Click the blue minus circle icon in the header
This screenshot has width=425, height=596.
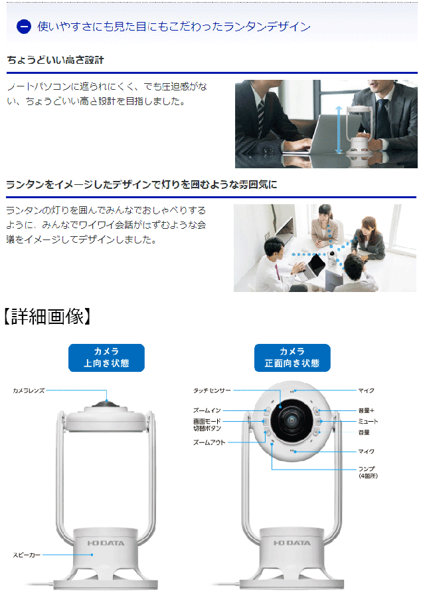24,27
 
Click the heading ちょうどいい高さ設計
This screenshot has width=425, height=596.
55,60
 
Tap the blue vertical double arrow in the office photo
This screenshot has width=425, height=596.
339,130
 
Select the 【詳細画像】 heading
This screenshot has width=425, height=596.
47,316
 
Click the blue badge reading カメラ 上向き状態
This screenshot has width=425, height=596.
106,358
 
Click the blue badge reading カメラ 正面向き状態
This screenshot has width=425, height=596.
292,358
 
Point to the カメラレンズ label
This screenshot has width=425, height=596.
29,390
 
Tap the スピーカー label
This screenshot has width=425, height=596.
27,555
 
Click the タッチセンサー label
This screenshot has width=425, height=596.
212,390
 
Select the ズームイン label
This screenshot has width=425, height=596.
207,410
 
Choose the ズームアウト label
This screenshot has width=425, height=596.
209,442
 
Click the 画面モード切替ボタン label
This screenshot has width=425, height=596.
207,424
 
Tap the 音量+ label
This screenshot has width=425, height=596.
366,410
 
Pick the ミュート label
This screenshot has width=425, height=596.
368,421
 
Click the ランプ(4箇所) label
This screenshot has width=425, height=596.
368,472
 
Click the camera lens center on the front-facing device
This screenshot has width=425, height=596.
292,420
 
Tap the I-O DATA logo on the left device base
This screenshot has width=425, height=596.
106,543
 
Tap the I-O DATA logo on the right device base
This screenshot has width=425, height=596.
292,543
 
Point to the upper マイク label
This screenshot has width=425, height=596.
366,390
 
